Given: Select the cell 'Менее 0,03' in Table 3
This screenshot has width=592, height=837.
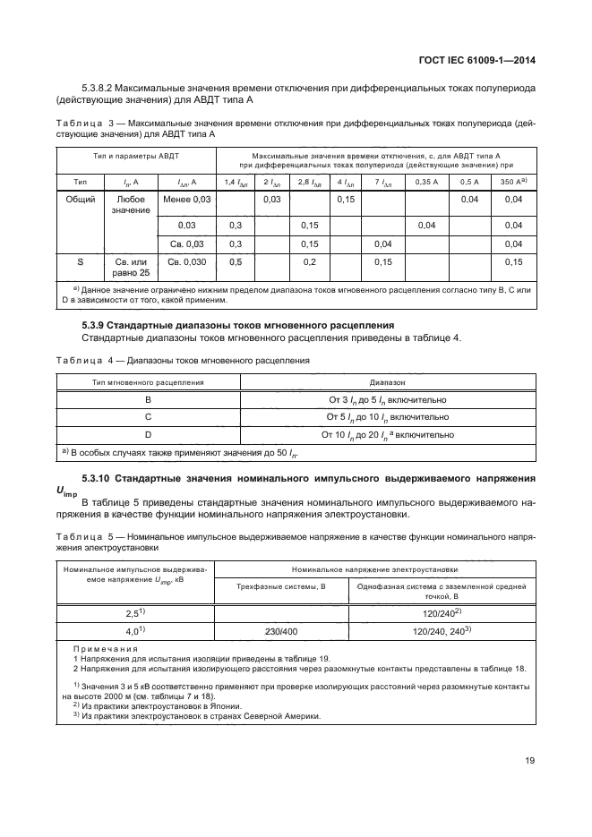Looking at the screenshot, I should tap(185, 199).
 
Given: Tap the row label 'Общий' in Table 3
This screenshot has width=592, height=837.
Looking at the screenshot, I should tap(81, 199).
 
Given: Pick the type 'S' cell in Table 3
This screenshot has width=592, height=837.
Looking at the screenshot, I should tap(81, 261).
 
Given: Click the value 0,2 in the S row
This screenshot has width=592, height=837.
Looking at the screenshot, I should tap(311, 261).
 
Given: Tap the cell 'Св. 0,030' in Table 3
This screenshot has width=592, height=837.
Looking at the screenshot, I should tap(185, 261).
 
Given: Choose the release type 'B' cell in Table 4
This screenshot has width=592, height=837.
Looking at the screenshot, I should tap(148, 400).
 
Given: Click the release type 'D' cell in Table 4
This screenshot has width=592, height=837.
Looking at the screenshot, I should tap(148, 434).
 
